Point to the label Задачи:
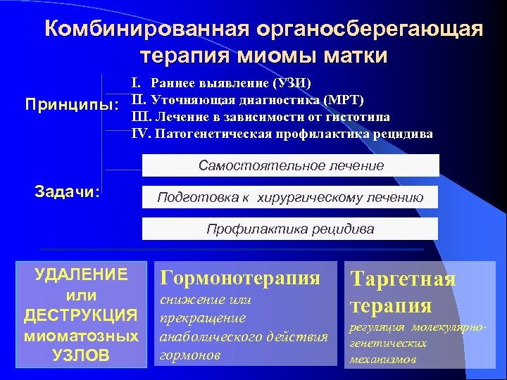(68, 192)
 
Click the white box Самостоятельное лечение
(290, 165)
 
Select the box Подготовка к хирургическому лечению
(290, 197)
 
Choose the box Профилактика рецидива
(290, 229)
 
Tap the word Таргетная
(403, 279)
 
